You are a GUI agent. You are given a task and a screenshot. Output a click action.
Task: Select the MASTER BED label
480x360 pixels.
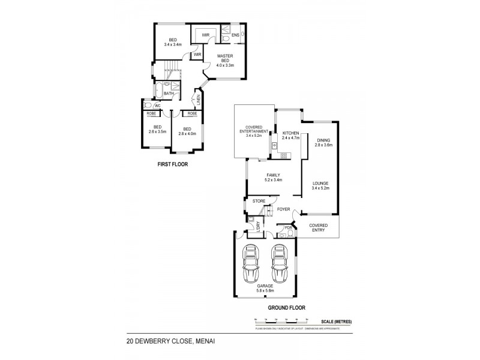pos(225,61)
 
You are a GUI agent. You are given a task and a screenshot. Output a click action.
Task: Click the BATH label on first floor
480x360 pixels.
pos(169,94)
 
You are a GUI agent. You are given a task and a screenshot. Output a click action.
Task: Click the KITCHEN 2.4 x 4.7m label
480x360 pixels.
pos(290,136)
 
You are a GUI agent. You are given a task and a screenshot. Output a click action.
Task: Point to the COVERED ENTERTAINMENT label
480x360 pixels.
pos(253,133)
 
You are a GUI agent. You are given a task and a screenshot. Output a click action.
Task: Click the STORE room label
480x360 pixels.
pos(259,201)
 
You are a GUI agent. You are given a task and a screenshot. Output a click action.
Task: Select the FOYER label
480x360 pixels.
pos(283,209)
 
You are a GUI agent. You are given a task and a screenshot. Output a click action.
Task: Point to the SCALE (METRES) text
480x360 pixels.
pos(336,323)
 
